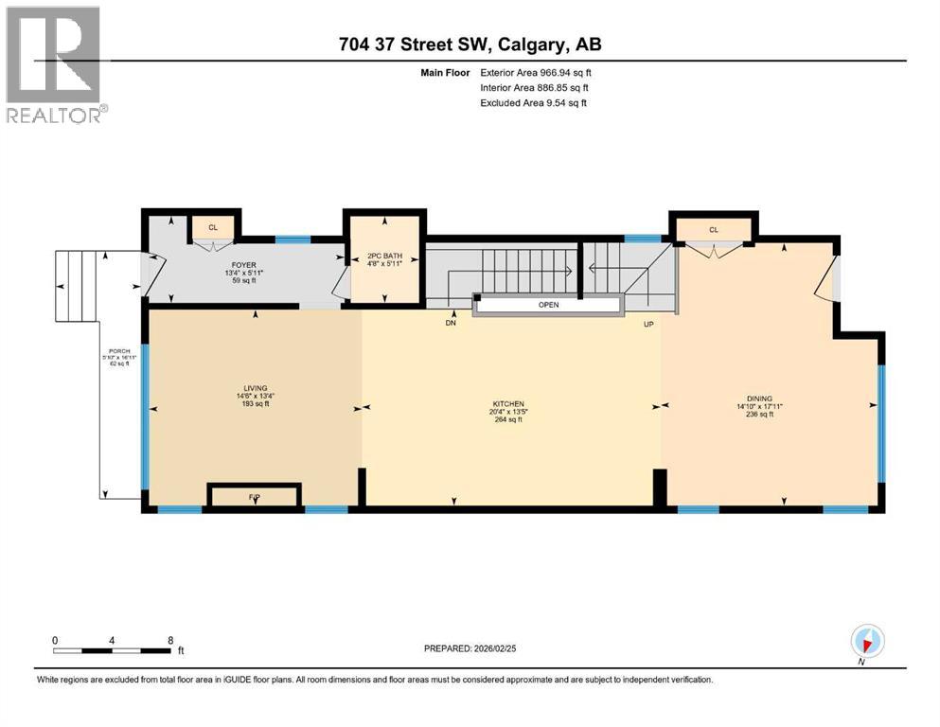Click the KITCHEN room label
506,403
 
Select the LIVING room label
254,388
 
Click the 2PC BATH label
384,256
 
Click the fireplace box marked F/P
254,496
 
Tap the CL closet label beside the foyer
213,227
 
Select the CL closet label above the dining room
713,229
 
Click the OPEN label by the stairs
549,306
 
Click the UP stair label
649,324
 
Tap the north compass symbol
866,642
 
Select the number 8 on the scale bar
168,640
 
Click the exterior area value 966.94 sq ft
552,72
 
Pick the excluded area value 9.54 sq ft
551,102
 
